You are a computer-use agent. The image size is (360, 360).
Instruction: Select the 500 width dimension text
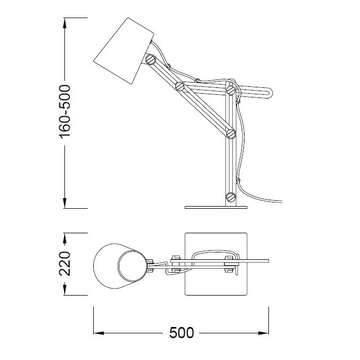[182, 333]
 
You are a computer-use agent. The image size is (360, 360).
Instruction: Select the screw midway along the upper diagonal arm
[180, 86]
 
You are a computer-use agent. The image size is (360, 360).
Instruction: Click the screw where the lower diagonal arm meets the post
[231, 134]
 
